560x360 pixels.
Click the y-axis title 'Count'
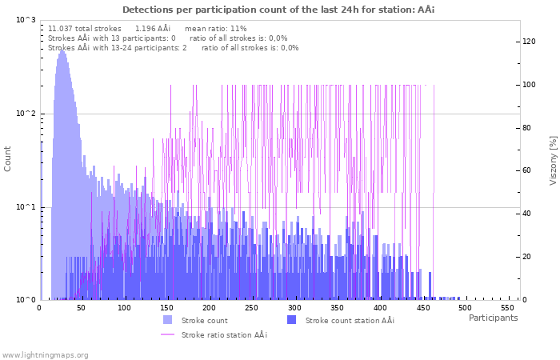pyautogui.click(x=8, y=159)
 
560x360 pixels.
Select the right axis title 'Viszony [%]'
pyautogui.click(x=553, y=160)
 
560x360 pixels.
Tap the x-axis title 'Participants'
pyautogui.click(x=493, y=318)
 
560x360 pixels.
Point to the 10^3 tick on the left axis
pyautogui.click(x=26, y=20)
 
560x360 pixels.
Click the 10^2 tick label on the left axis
pyautogui.click(x=26, y=114)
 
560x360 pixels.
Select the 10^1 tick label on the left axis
pyautogui.click(x=26, y=207)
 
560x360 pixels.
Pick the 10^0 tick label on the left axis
pyautogui.click(x=26, y=300)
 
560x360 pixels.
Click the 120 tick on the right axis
pyautogui.click(x=529, y=42)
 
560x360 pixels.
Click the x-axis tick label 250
pyautogui.click(x=251, y=308)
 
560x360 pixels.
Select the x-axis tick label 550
pyautogui.click(x=506, y=308)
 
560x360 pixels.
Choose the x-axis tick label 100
pyautogui.click(x=124, y=308)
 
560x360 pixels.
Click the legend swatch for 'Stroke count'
pyautogui.click(x=167, y=320)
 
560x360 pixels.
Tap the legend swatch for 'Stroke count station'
pyautogui.click(x=291, y=320)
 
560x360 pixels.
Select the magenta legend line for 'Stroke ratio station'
pyautogui.click(x=167, y=334)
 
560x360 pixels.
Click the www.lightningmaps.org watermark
pyautogui.click(x=45, y=354)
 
